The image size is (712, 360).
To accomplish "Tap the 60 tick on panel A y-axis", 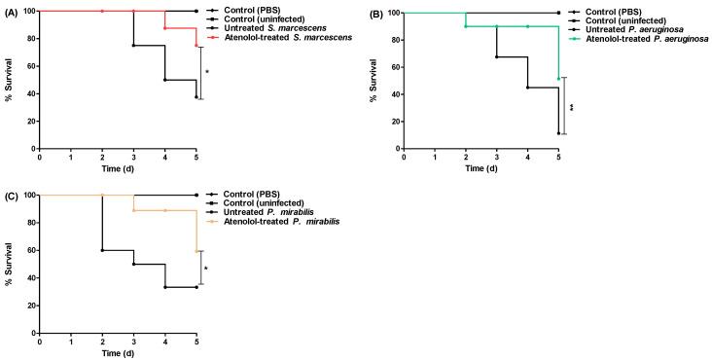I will click(30, 56).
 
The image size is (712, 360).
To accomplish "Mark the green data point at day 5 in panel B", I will click(557, 78).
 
